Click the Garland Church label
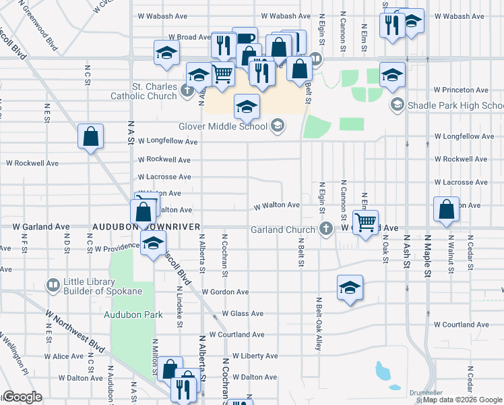pyautogui.click(x=282, y=230)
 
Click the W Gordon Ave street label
pyautogui.click(x=225, y=292)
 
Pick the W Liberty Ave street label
pyautogui.click(x=255, y=356)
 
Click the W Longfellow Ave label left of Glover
pyautogui.click(x=167, y=142)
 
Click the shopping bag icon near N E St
pyautogui.click(x=90, y=138)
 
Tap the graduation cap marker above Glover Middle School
pyautogui.click(x=247, y=106)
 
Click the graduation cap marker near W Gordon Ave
pyautogui.click(x=350, y=288)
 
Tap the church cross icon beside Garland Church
pyautogui.click(x=326, y=228)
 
